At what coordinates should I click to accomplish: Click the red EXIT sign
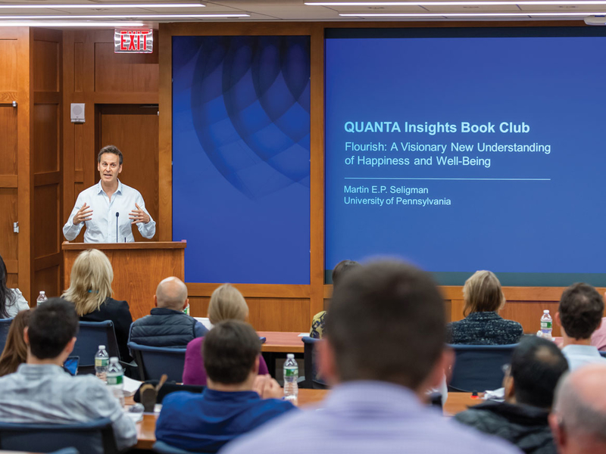(133, 41)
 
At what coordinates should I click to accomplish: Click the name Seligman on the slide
(409, 190)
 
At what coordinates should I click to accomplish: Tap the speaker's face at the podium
(110, 166)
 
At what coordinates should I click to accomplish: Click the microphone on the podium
(117, 226)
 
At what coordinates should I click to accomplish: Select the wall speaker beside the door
(78, 113)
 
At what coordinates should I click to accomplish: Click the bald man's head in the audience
(171, 293)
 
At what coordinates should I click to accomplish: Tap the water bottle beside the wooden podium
(42, 298)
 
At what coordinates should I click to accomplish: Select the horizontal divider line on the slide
(447, 179)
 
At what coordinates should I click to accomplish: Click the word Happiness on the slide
(383, 161)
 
